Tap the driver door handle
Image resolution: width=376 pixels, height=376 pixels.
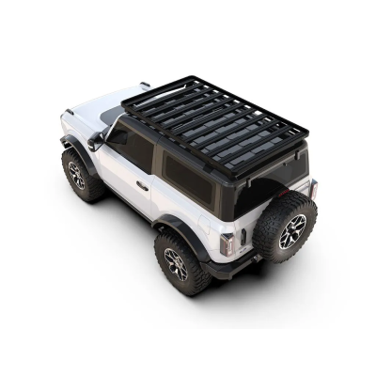(141, 185)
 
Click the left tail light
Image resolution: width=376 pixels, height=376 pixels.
(227, 244)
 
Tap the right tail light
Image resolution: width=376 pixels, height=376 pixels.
(313, 188)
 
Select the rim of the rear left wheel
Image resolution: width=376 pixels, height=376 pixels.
(176, 265)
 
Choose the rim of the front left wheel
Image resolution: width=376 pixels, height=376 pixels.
(75, 175)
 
